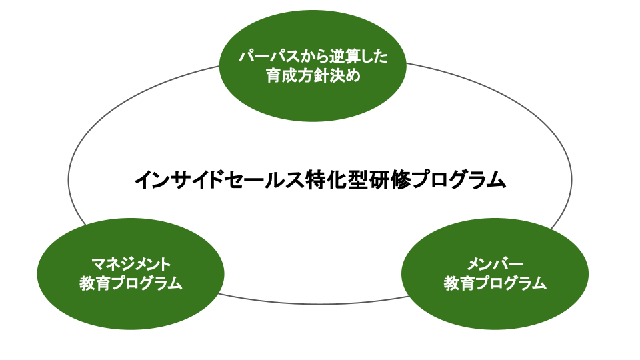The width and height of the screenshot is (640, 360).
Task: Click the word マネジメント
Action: point(131,264)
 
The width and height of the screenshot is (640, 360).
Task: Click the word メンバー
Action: point(495,264)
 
